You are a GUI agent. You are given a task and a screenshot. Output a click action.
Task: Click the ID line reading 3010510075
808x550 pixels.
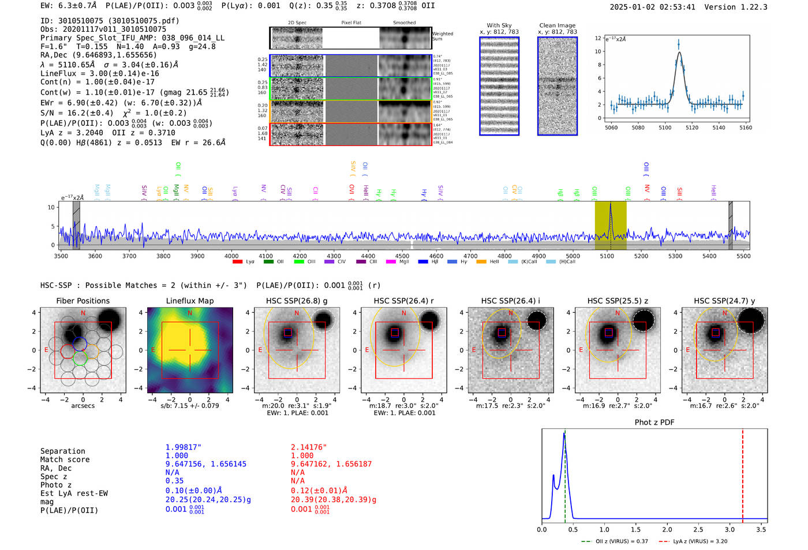click(x=110, y=21)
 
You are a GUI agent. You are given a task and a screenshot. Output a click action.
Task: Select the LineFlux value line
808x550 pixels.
click(x=99, y=73)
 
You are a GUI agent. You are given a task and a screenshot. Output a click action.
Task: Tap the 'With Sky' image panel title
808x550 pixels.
click(x=499, y=25)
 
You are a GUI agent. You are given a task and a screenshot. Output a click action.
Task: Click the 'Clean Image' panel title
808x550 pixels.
click(x=557, y=25)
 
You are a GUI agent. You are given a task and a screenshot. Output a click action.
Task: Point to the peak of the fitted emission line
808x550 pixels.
click(x=679, y=53)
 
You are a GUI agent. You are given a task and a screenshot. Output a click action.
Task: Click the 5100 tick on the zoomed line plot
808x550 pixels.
click(x=665, y=128)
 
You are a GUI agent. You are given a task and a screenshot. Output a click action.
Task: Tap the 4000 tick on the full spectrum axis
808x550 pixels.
click(x=231, y=256)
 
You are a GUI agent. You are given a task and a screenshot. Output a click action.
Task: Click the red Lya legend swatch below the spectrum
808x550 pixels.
click(x=237, y=262)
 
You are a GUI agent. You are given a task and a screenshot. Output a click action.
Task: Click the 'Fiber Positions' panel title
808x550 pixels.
click(x=83, y=301)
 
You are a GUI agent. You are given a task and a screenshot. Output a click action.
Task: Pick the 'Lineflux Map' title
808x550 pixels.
click(x=189, y=301)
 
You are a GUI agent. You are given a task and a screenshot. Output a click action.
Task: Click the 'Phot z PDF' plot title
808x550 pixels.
click(x=654, y=422)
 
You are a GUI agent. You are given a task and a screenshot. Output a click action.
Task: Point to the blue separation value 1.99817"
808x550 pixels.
click(x=183, y=447)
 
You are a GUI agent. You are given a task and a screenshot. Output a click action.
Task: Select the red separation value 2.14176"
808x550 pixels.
click(x=308, y=447)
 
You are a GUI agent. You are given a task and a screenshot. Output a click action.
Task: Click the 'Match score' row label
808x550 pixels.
click(x=65, y=459)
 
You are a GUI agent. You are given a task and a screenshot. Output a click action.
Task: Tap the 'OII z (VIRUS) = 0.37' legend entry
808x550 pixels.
click(x=615, y=541)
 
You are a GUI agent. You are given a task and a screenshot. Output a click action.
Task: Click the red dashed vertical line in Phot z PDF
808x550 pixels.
click(x=742, y=473)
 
